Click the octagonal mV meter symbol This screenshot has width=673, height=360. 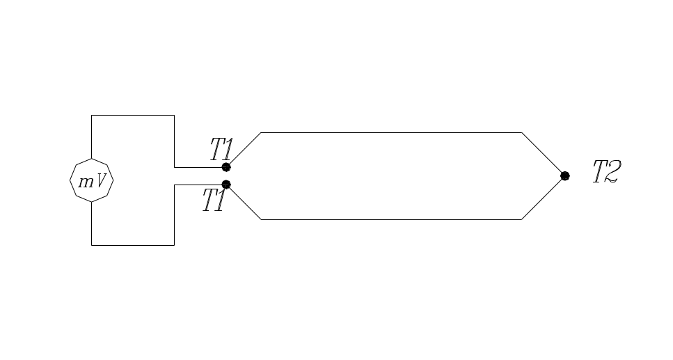pyautogui.click(x=92, y=181)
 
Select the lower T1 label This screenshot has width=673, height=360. pyautogui.click(x=214, y=201)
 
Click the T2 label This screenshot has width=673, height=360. pyautogui.click(x=605, y=172)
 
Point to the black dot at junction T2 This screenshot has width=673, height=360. pyautogui.click(x=565, y=175)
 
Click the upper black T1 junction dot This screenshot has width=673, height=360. pyautogui.click(x=226, y=167)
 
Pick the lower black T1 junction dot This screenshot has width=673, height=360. pyautogui.click(x=226, y=185)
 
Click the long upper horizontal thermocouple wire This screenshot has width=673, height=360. pyautogui.click(x=390, y=132)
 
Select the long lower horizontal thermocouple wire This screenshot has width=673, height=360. pyautogui.click(x=390, y=219)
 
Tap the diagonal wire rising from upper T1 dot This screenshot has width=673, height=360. pyautogui.click(x=245, y=148)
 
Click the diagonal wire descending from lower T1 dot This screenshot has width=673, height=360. pyautogui.click(x=245, y=203)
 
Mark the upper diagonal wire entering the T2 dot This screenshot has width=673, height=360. pyautogui.click(x=542, y=153)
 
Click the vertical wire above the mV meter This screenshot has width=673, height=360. pyautogui.click(x=92, y=137)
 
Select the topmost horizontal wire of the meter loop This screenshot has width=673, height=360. pyautogui.click(x=132, y=115)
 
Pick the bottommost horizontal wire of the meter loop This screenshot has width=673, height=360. pyautogui.click(x=132, y=245)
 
